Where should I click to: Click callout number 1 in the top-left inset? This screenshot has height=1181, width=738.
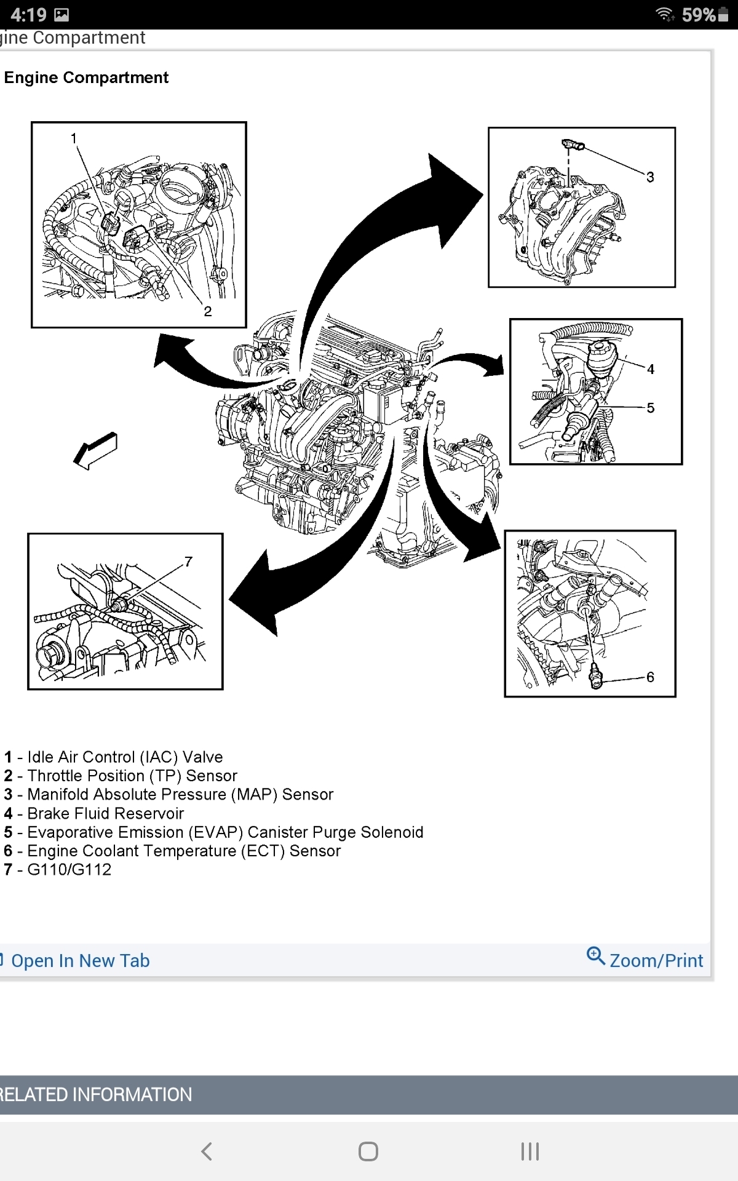click(74, 138)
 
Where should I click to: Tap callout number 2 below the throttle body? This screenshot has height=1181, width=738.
click(208, 311)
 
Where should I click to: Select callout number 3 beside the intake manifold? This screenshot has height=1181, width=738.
click(650, 177)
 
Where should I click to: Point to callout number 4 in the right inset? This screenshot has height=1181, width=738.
click(651, 369)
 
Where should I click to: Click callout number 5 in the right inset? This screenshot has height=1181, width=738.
click(651, 408)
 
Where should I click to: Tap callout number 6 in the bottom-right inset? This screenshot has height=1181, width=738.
click(650, 677)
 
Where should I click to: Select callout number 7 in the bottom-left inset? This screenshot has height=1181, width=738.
click(189, 562)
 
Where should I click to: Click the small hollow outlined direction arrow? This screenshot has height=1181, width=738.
click(95, 450)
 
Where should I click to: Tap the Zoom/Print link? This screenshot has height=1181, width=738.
click(656, 960)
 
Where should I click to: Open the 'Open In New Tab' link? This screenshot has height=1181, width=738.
click(80, 960)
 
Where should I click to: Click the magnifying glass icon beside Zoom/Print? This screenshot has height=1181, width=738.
click(595, 956)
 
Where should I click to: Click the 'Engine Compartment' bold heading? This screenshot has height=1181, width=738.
click(86, 78)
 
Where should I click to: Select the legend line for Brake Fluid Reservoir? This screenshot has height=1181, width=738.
click(105, 813)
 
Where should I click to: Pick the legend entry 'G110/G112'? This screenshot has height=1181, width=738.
click(69, 869)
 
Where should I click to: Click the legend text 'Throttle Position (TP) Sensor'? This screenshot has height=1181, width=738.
click(132, 776)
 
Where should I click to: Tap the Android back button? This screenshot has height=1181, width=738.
click(207, 1151)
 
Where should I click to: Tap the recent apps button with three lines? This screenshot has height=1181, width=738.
click(530, 1151)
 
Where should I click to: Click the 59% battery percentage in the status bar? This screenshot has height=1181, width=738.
click(698, 15)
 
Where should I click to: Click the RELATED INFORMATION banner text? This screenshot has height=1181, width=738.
click(96, 1094)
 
